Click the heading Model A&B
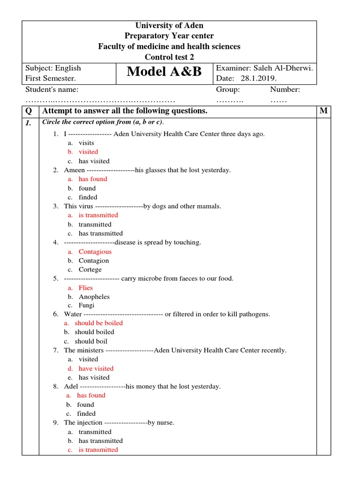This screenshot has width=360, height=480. pos(164,72)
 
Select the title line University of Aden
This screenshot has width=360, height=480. pos(169,25)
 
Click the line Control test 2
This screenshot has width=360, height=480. pos(169,57)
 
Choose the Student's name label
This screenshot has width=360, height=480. pos(52,90)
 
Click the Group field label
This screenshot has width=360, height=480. pos(228,90)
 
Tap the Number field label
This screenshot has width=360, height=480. pos(285,90)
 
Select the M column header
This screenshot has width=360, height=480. pos(323,111)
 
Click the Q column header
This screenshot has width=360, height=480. pos(30,111)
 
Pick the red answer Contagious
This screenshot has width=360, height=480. pos(95,252)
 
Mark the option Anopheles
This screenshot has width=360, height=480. pos(94,297)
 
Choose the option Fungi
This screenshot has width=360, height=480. pos(86,306)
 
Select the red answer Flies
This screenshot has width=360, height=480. pos(86,288)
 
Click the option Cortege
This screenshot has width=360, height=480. pos(90,270)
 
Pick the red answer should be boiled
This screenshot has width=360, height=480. pos(98,323)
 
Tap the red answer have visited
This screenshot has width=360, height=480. pos(96,368)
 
